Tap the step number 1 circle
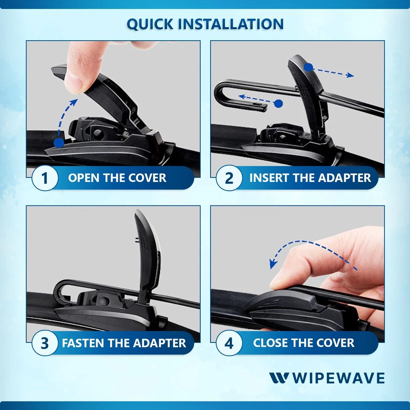coord(45,178)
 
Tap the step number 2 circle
coord(229,178)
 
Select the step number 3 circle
coord(45,343)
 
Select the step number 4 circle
coord(229,343)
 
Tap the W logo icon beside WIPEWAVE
coord(279,378)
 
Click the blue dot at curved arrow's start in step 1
coord(59,143)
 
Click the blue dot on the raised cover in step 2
coord(308,67)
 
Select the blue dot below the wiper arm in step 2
coord(278,103)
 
